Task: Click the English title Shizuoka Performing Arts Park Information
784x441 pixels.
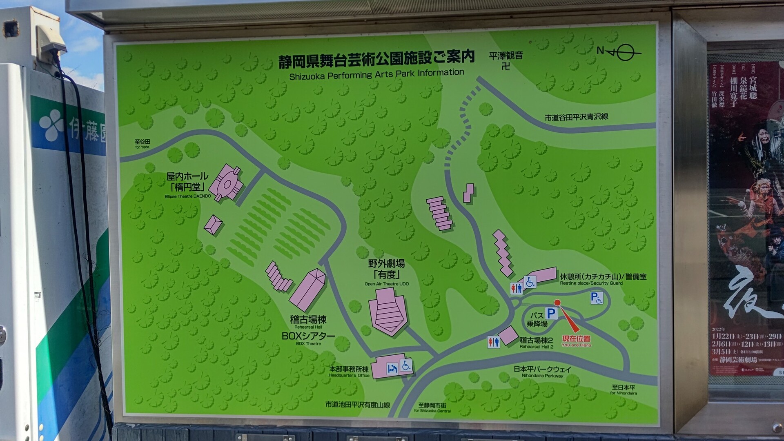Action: (376, 74)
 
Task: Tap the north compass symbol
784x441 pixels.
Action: (619, 52)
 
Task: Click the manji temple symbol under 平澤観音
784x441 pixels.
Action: (506, 65)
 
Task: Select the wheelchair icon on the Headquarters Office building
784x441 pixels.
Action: (405, 365)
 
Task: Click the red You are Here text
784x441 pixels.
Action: (576, 345)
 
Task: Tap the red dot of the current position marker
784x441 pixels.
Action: (557, 303)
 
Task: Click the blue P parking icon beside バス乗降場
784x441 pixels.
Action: (551, 313)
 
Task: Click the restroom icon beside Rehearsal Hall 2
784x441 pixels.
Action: (493, 342)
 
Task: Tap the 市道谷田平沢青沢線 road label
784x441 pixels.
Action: (576, 117)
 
